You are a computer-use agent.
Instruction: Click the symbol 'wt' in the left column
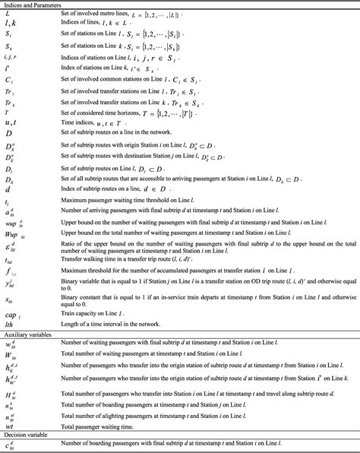click(x=10, y=426)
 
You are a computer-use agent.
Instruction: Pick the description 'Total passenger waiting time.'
click(x=96, y=426)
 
